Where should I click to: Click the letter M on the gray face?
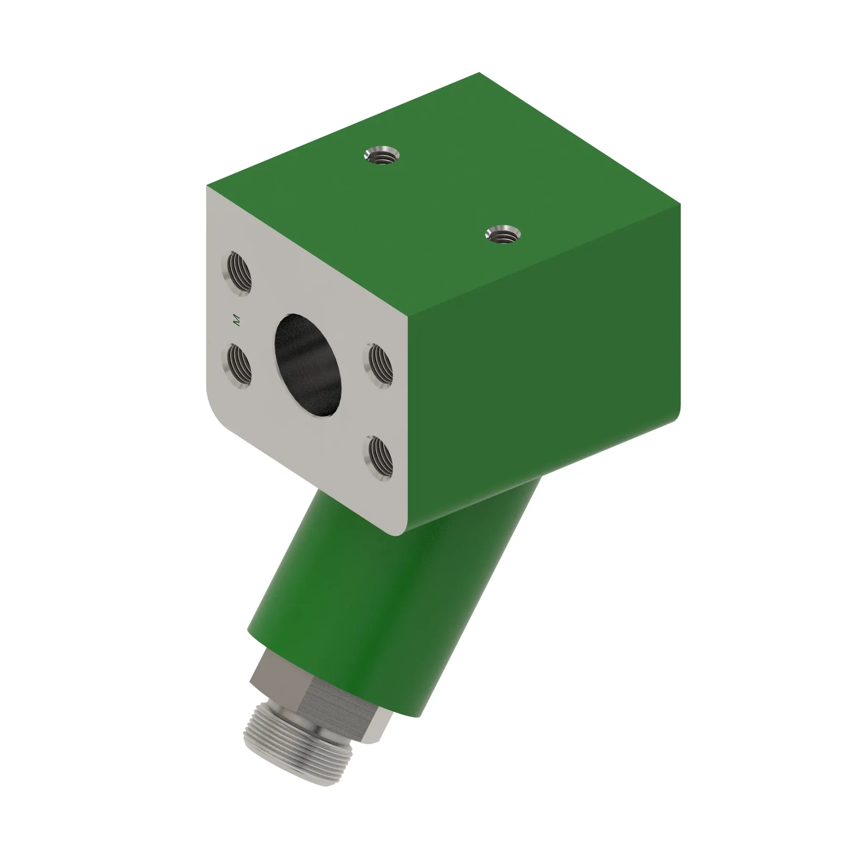[x=237, y=320]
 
